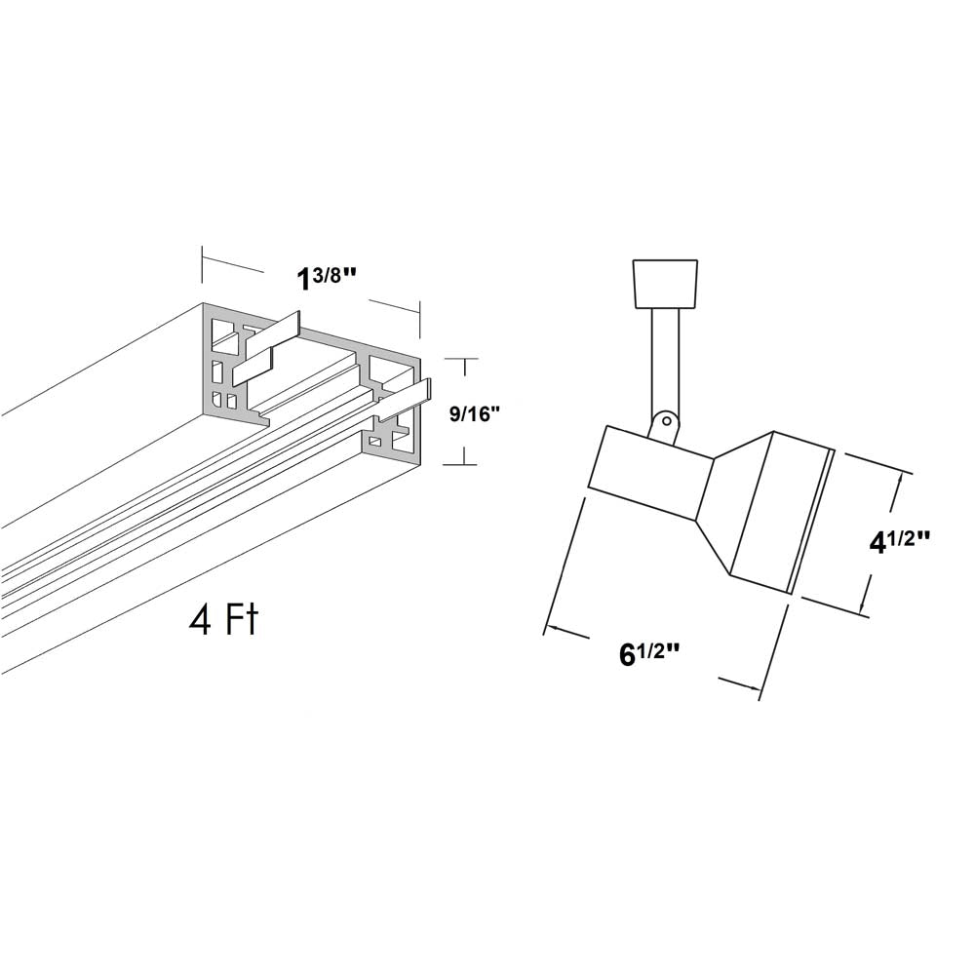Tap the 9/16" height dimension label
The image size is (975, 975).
(x=475, y=412)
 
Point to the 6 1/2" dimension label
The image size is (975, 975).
(x=648, y=653)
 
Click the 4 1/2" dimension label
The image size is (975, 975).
(x=899, y=541)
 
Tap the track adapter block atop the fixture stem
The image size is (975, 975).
(x=665, y=284)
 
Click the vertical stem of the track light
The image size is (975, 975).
(x=665, y=362)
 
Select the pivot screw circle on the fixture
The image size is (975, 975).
(x=667, y=421)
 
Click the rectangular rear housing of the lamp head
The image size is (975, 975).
(x=649, y=473)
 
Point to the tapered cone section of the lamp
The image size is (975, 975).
(x=735, y=501)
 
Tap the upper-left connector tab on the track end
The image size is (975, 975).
(x=266, y=349)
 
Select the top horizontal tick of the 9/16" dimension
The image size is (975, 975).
(x=461, y=359)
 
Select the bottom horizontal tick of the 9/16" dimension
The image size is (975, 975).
(x=459, y=464)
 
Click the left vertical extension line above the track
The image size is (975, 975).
(x=202, y=264)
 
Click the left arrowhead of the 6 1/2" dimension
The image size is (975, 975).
(x=554, y=629)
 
